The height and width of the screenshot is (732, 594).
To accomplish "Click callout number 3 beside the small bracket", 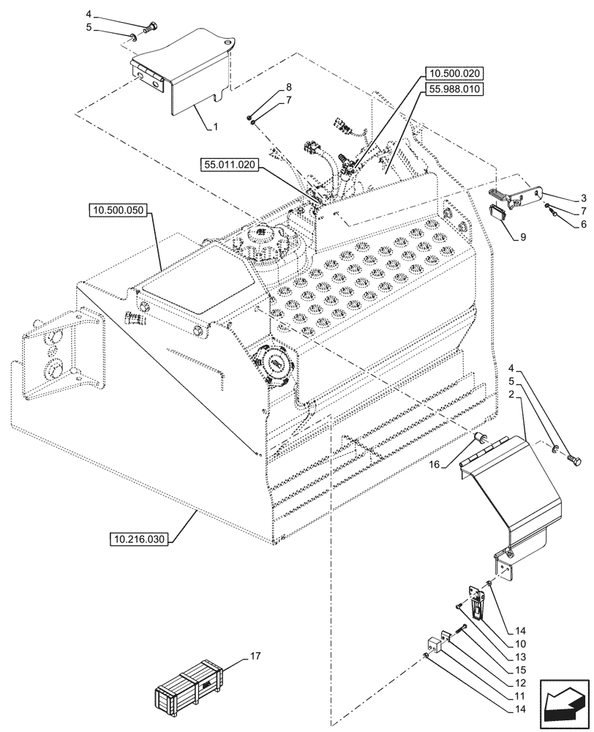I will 563,198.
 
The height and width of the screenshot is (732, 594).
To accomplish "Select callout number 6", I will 563,225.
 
